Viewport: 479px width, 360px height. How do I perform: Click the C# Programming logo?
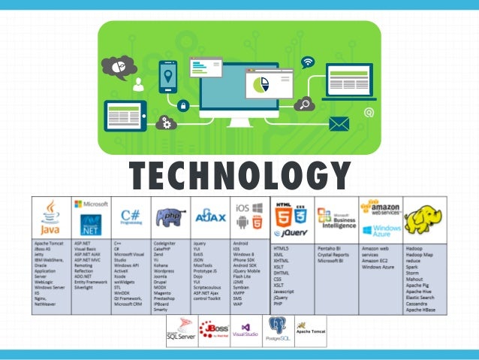coord(131,217)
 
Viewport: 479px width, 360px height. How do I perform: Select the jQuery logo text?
coord(294,233)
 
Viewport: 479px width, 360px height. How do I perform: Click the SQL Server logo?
coord(180,329)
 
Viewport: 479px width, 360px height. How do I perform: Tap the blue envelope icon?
coord(339,124)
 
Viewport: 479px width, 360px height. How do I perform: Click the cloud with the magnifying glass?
coord(304,104)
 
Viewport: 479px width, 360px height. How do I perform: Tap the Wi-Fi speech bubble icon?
coord(308,62)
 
